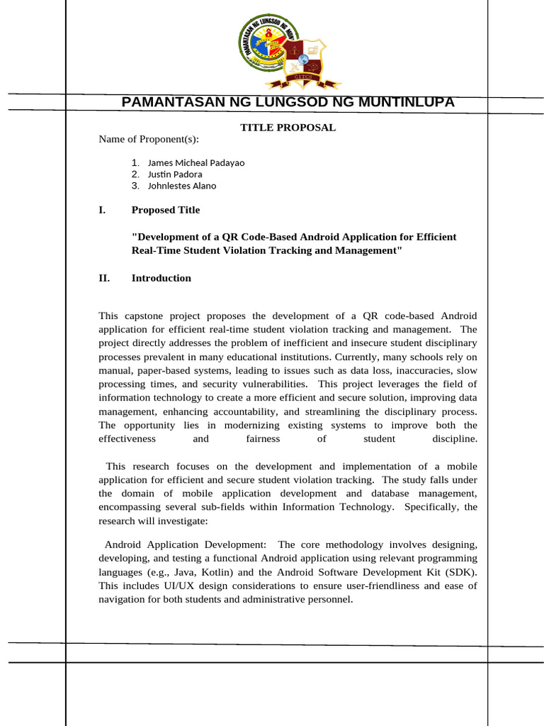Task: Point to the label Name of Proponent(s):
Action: click(x=149, y=139)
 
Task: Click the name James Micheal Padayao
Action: click(x=195, y=162)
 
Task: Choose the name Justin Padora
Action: click(x=174, y=174)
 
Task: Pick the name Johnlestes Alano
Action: click(x=181, y=186)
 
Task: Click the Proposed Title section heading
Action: click(x=165, y=210)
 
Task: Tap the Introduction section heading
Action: click(x=161, y=278)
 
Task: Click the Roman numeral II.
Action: click(x=104, y=278)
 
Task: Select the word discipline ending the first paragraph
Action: click(x=454, y=439)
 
